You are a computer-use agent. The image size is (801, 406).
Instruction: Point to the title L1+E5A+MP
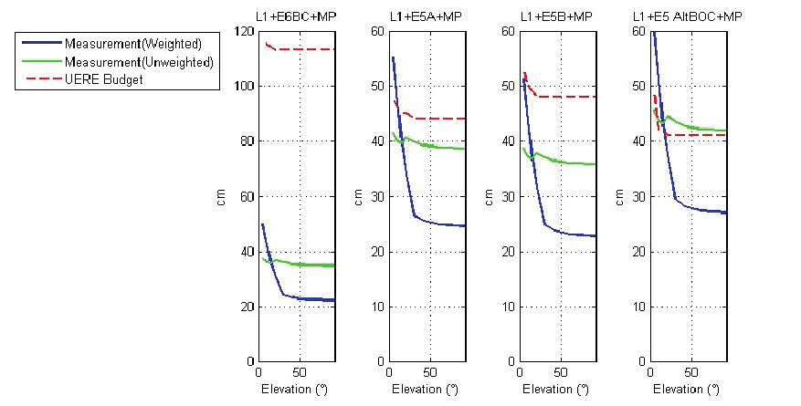(426, 17)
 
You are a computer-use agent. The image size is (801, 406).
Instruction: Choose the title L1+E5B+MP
(556, 17)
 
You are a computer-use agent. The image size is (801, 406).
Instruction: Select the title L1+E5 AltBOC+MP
(687, 17)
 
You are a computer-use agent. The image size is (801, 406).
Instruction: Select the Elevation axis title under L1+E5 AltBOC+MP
(688, 390)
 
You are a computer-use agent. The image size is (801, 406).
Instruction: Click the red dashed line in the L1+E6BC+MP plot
(311, 49)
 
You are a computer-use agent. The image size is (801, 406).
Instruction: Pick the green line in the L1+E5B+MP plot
(566, 162)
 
